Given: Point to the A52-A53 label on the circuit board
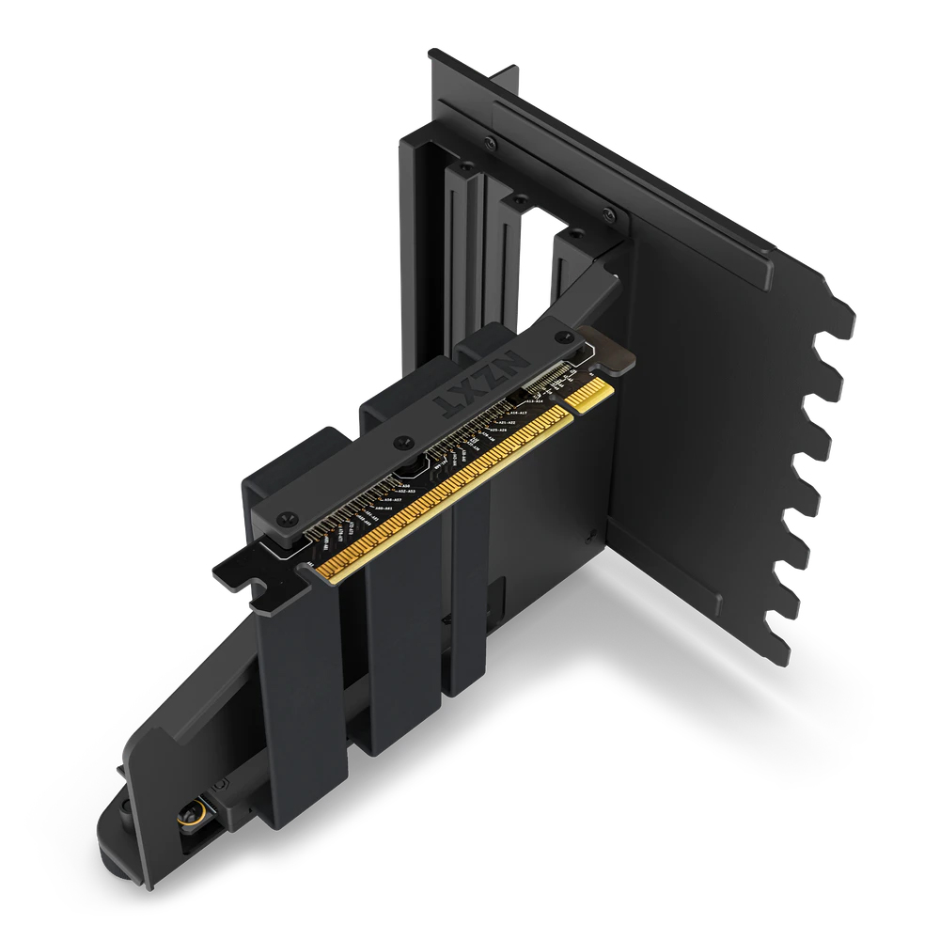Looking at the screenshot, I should pos(407,491).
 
